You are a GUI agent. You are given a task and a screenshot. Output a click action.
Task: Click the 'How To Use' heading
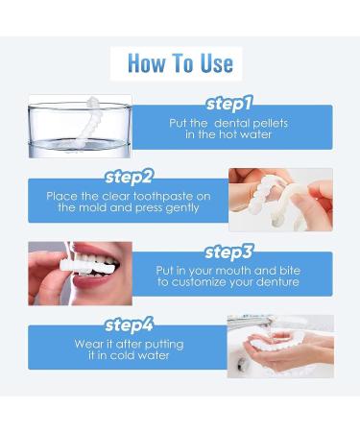pyautogui.click(x=180, y=63)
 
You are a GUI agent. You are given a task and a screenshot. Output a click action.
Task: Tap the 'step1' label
pyautogui.click(x=229, y=104)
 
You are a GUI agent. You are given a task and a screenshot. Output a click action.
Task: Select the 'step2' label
pyautogui.click(x=129, y=177)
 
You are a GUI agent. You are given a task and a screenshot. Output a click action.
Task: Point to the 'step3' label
pyautogui.click(x=228, y=252)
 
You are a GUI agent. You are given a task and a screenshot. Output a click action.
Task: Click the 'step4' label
pyautogui.click(x=129, y=325)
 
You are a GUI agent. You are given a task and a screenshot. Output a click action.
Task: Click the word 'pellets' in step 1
pyautogui.click(x=270, y=124)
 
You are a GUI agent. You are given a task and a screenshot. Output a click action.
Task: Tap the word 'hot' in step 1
pyautogui.click(x=228, y=134)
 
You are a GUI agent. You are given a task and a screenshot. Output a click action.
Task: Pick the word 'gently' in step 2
pyautogui.click(x=182, y=208)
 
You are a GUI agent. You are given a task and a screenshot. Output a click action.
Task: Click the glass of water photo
pyautogui.click(x=80, y=127)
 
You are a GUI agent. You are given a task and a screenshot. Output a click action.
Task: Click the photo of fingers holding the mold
pyautogui.click(x=280, y=200)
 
